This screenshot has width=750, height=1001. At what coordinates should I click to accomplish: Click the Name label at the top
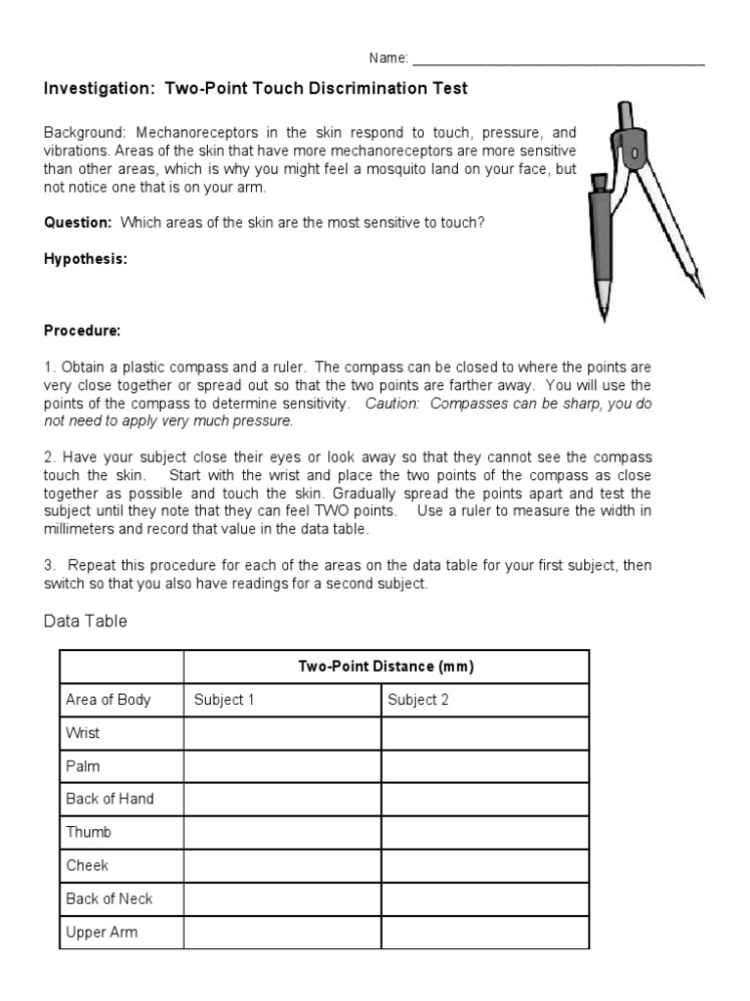point(388,59)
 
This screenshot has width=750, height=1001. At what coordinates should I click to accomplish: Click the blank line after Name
point(558,61)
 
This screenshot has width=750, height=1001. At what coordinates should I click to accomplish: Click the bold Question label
point(78,222)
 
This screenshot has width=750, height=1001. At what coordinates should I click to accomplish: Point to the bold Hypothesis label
point(85,259)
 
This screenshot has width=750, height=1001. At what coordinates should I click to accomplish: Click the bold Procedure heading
point(82,331)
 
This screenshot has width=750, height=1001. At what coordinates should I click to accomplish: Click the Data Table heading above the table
point(86,622)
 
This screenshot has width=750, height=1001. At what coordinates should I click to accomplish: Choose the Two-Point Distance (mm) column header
point(386,667)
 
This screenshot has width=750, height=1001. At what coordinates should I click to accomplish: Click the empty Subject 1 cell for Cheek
point(282,865)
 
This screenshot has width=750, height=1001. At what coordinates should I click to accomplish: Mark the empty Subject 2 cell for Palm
point(484,766)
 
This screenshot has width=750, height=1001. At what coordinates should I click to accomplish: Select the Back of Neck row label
point(109,898)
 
